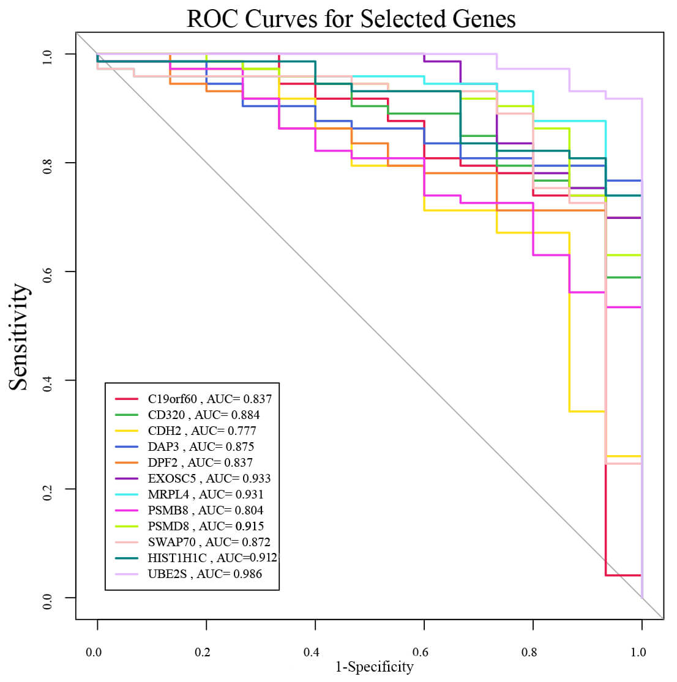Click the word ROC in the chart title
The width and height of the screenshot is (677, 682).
coord(212,19)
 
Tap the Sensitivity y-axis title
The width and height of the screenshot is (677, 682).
coord(19,336)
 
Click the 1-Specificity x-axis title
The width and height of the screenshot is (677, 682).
coord(374,667)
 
